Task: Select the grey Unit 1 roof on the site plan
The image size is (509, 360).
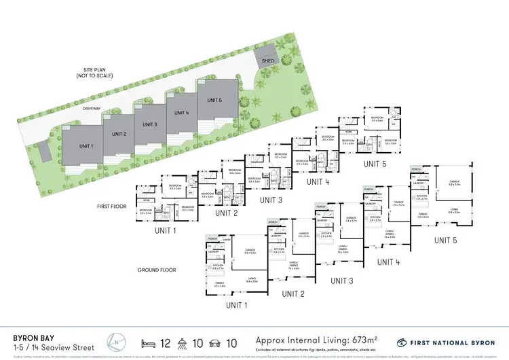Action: [x=85, y=146]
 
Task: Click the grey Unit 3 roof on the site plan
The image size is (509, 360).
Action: [x=150, y=124]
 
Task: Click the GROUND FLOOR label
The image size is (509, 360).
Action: [x=157, y=270]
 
